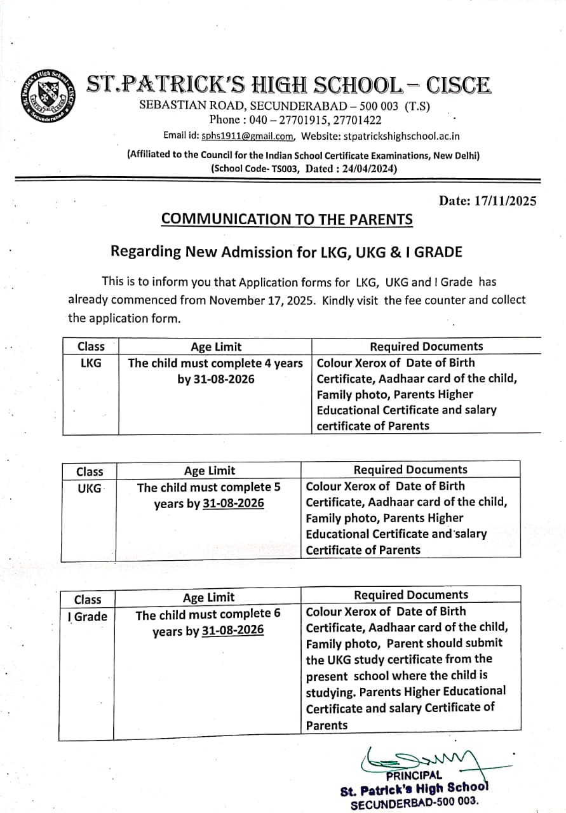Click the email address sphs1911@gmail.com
247,135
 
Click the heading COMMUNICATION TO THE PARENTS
286,219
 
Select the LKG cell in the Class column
90,363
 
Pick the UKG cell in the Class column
89,488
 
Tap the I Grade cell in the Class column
88,616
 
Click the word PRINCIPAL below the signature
414,775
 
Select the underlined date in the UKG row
233,504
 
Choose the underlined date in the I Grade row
232,631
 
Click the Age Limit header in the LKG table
216,346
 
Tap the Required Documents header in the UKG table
410,469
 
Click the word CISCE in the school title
458,86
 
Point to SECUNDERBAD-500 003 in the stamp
414,803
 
